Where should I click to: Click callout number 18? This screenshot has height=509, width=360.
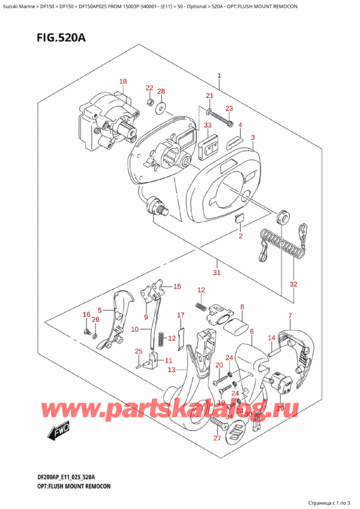tap(122, 82)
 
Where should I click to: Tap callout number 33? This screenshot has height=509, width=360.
tap(207, 125)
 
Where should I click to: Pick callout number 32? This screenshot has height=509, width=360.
tap(293, 284)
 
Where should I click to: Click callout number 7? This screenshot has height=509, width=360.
tap(290, 316)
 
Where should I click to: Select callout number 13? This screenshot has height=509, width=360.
tap(172, 370)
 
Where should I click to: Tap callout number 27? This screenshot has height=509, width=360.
tap(217, 439)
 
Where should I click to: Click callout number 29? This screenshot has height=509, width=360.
tap(280, 408)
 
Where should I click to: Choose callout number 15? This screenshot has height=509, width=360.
tap(176, 286)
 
